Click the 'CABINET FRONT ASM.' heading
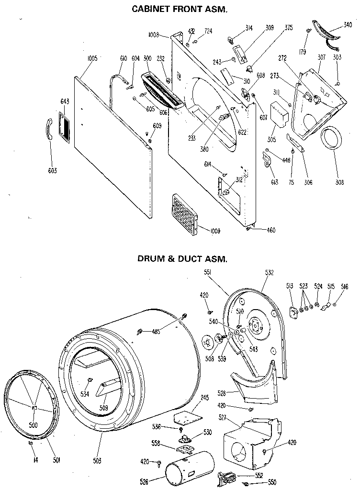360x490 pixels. pyautogui.click(x=179, y=9)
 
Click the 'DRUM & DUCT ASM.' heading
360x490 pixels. pyautogui.click(x=182, y=259)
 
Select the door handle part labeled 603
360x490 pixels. pyautogui.click(x=50, y=129)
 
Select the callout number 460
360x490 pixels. pyautogui.click(x=270, y=230)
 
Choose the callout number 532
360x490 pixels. pyautogui.click(x=269, y=272)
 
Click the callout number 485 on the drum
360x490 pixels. pyautogui.click(x=156, y=331)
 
